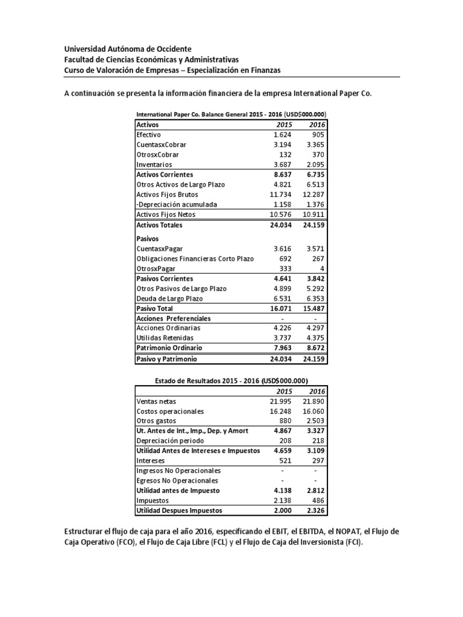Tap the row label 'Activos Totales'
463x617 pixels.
[159, 225]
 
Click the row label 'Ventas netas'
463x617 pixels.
[157, 401]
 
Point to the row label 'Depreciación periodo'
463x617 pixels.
[170, 441]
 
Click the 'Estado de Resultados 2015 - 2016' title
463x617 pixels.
[232, 381]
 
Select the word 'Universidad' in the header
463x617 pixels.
[84, 48]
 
